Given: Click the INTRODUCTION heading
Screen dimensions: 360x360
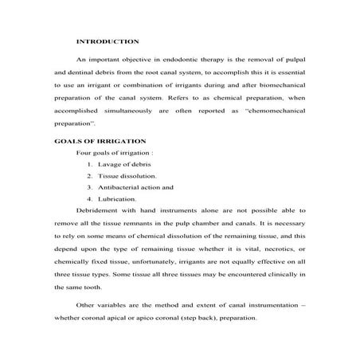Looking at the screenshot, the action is point(107,40).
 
